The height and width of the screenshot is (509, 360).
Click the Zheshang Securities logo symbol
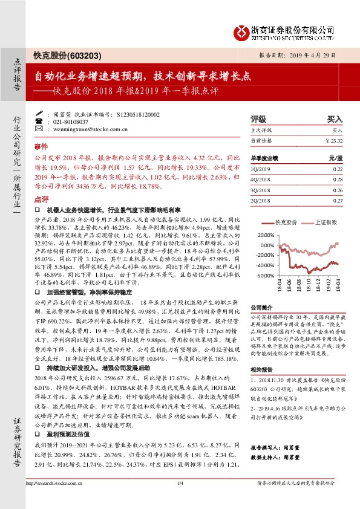click(x=241, y=30)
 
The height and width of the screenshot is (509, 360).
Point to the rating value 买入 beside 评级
click(x=335, y=120)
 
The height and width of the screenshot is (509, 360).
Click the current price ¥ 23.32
click(x=334, y=140)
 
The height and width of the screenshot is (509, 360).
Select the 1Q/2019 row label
click(x=259, y=170)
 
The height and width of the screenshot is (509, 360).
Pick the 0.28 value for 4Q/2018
click(x=337, y=180)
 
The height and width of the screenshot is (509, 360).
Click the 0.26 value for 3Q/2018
click(x=337, y=190)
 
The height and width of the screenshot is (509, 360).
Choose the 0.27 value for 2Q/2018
click(x=337, y=200)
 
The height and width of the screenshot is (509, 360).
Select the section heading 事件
click(x=41, y=147)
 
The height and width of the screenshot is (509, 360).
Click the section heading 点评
click(x=41, y=199)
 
